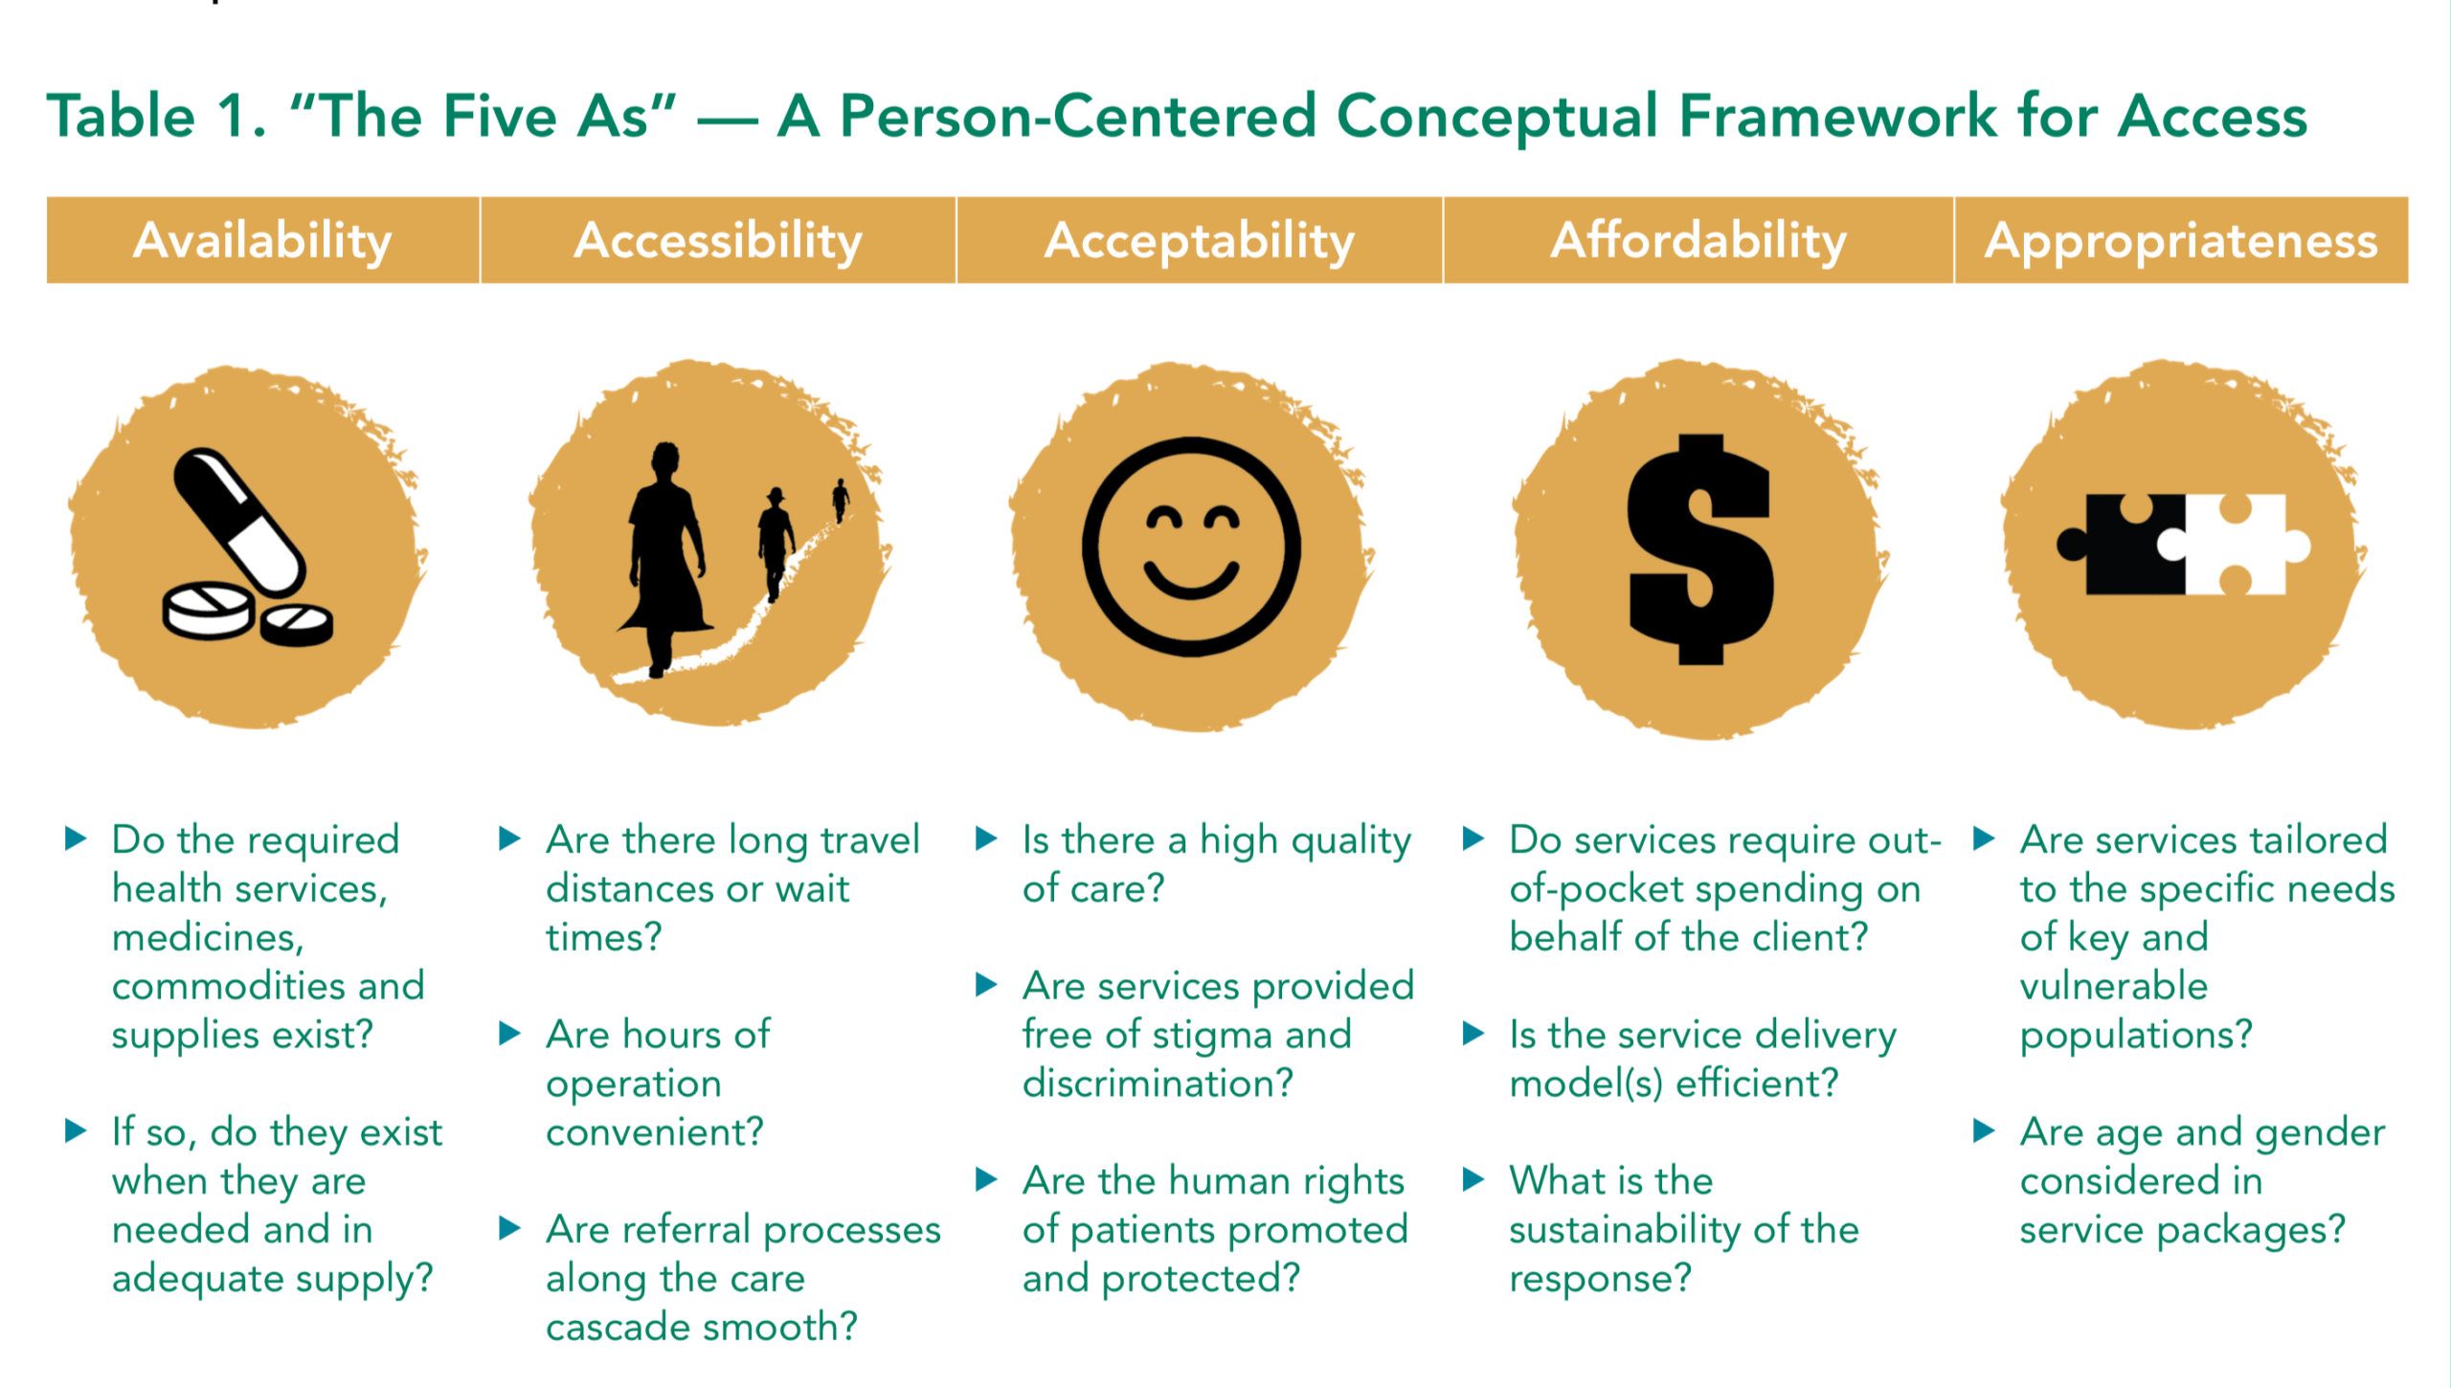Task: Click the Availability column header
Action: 262,240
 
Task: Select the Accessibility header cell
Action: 718,240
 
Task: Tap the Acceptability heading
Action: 1200,240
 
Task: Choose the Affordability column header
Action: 1698,240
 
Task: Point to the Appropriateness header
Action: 2181,240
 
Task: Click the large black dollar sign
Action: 1700,549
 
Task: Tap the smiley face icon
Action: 1191,547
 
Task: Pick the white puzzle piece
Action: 2240,544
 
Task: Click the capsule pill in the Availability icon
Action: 240,522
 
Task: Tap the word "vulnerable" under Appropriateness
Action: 2114,986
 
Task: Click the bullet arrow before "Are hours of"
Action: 510,1034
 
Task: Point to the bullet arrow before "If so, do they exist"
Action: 76,1131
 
